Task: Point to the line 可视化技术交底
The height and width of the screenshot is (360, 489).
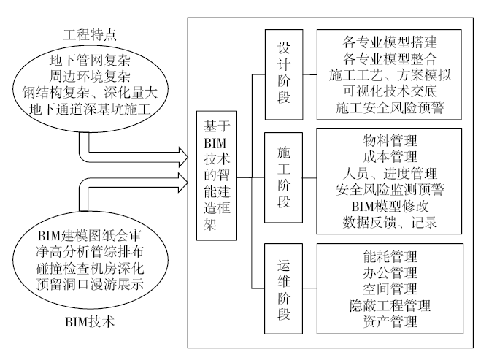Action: [x=390, y=92]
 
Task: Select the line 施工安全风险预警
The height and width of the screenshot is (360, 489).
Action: [x=390, y=110]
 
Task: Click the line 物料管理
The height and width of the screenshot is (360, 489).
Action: [x=390, y=140]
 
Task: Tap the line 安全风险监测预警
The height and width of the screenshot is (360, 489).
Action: [x=390, y=190]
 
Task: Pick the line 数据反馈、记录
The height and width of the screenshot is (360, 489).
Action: [x=390, y=224]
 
